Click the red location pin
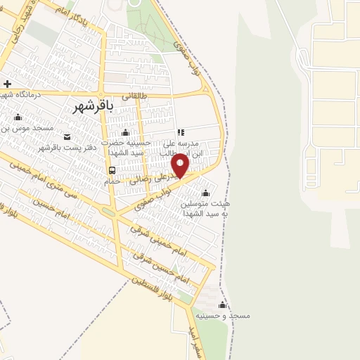tap(181, 165)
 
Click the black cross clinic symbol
tap(8, 84)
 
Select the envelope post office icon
tap(67, 136)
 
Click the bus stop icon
tap(112, 170)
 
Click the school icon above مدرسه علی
tap(181, 131)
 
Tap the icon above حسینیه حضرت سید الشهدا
tap(125, 133)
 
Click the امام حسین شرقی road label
tap(182, 271)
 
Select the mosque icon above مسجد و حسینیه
tap(223, 304)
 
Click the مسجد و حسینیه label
tap(224, 316)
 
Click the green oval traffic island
tap(108, 211)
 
